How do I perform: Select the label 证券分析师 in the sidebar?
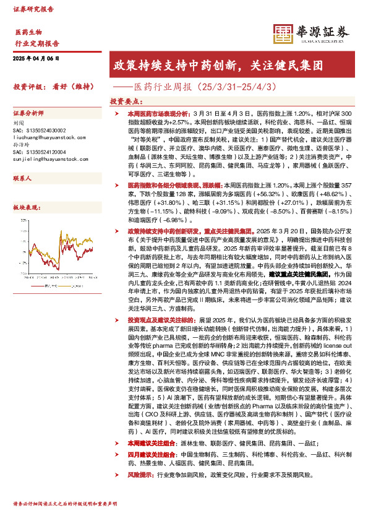pos(28,114)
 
